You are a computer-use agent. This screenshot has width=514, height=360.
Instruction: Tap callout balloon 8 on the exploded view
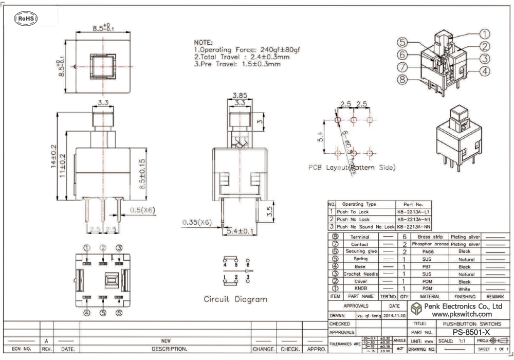click(x=402, y=79)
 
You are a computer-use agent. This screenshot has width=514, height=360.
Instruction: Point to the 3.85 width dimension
click(x=239, y=95)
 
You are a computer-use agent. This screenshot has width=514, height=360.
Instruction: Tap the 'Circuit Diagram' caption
click(x=235, y=299)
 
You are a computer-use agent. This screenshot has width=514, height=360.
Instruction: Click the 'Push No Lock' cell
click(x=354, y=219)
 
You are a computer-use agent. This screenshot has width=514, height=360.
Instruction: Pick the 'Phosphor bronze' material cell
click(x=430, y=244)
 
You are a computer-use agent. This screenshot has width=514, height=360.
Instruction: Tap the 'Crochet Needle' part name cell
click(x=360, y=274)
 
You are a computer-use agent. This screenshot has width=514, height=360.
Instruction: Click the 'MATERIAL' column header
click(x=430, y=297)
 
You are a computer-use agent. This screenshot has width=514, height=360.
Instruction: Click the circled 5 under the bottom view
click(x=103, y=313)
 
